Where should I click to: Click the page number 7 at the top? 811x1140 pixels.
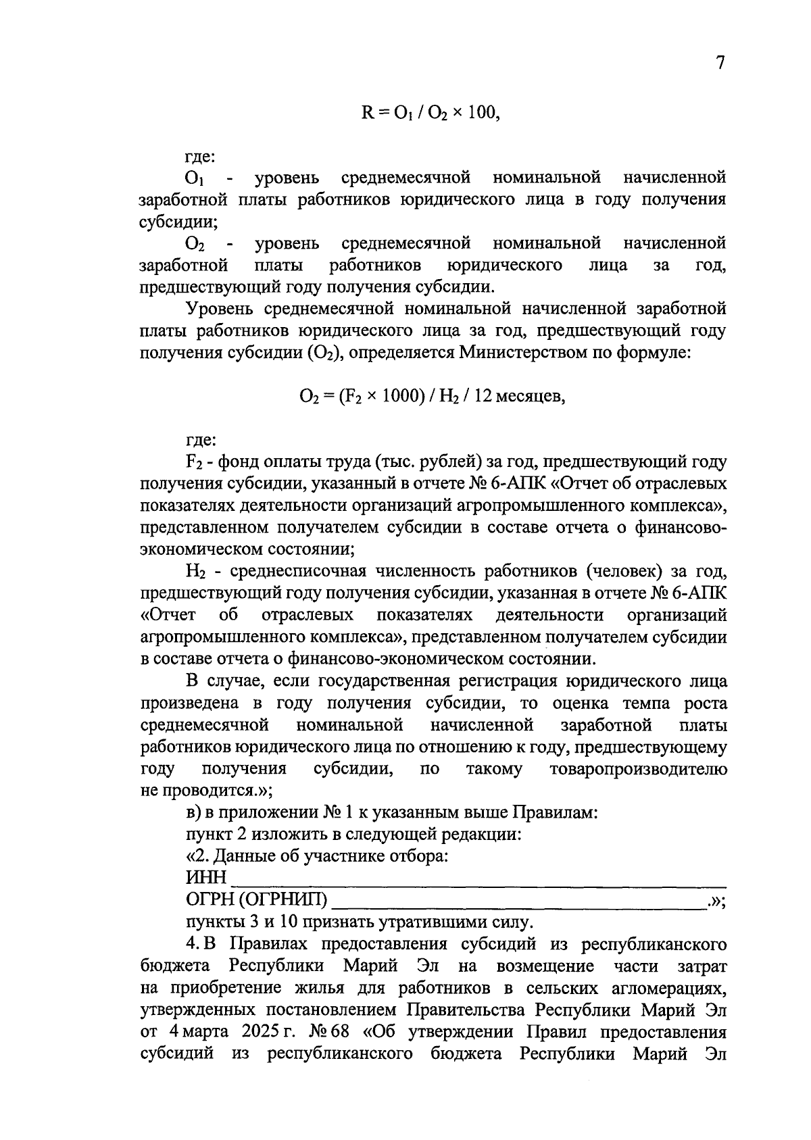pos(720,63)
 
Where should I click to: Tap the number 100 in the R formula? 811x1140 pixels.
pos(482,113)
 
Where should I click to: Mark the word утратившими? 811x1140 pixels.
pos(431,922)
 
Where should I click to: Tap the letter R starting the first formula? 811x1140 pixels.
pos(368,113)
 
